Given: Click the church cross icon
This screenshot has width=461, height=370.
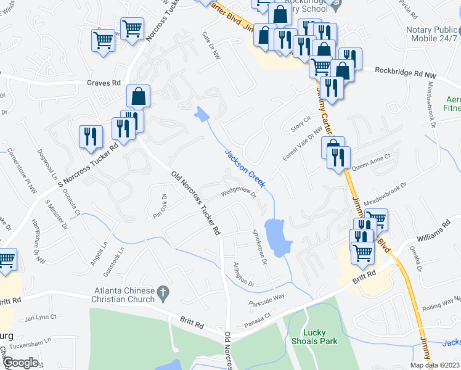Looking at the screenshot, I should point(163,294).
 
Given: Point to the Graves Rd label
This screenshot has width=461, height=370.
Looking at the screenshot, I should point(104,83).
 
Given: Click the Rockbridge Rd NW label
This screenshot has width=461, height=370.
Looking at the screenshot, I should point(406,72).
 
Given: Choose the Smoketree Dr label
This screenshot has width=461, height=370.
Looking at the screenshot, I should point(258,247).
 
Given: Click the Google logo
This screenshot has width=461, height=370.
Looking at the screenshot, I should point(20,363).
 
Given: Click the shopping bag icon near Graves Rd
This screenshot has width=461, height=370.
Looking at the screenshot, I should point(139,96).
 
